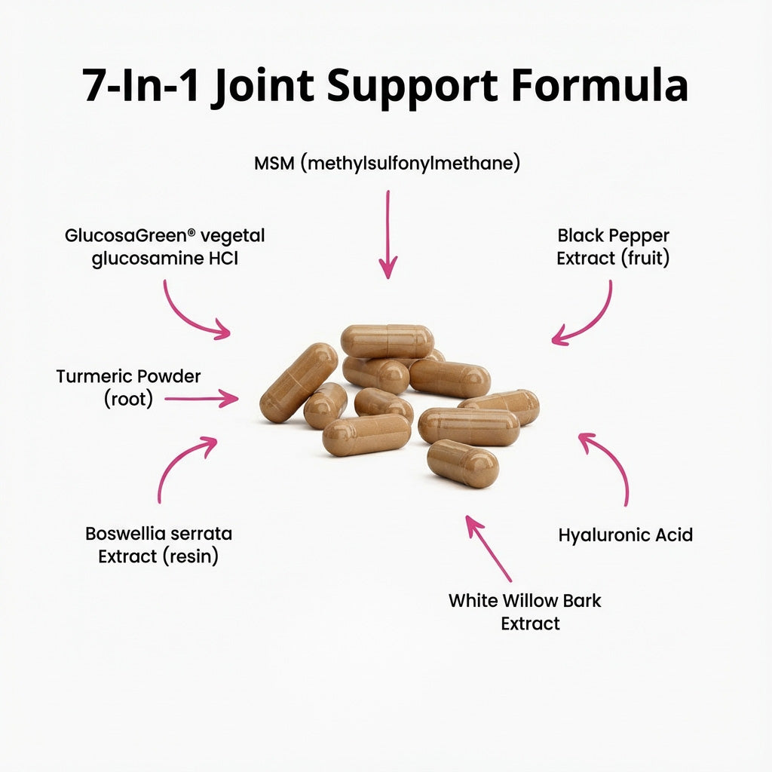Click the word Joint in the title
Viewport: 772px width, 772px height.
point(263,87)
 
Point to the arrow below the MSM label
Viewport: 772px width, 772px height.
point(388,233)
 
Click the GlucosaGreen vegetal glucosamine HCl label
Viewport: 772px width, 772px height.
point(164,247)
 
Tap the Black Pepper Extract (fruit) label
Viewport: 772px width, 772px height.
point(613,247)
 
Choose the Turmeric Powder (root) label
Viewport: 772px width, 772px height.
point(128,387)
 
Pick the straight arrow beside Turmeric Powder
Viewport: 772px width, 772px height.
point(201,399)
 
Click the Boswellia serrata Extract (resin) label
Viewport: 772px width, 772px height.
point(158,545)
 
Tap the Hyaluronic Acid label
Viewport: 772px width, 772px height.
point(625,535)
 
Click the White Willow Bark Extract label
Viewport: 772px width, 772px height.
point(525,611)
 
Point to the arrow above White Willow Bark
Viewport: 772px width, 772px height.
point(488,548)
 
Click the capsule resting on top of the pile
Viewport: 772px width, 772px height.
point(387,341)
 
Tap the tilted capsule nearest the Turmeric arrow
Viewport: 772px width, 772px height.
point(299,382)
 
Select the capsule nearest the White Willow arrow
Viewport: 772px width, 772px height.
point(463,464)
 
